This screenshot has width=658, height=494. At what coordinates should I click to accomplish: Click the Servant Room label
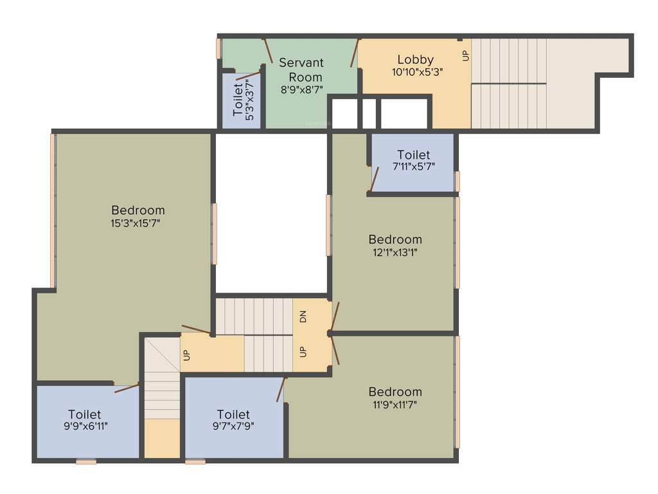[x=301, y=69]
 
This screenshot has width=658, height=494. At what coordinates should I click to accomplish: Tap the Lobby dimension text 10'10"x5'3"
[x=417, y=72]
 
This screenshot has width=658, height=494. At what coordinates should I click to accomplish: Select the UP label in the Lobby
[x=466, y=56]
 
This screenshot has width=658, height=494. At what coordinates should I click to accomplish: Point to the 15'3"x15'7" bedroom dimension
[x=138, y=223]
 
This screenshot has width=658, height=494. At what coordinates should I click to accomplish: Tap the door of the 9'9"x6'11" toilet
[x=127, y=388]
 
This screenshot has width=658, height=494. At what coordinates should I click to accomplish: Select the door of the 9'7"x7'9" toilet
[x=281, y=390]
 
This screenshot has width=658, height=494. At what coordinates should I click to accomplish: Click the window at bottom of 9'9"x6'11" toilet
[x=86, y=461]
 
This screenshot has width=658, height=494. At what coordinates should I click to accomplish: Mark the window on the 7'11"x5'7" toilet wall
[x=458, y=181]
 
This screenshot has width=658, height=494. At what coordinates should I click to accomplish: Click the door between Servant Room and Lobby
[x=354, y=53]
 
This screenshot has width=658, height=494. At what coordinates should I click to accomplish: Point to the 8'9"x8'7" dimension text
[x=301, y=90]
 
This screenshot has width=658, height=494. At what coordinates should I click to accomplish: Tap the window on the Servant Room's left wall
[x=218, y=49]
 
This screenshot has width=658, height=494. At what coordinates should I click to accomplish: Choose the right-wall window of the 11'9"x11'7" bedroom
[x=458, y=392]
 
